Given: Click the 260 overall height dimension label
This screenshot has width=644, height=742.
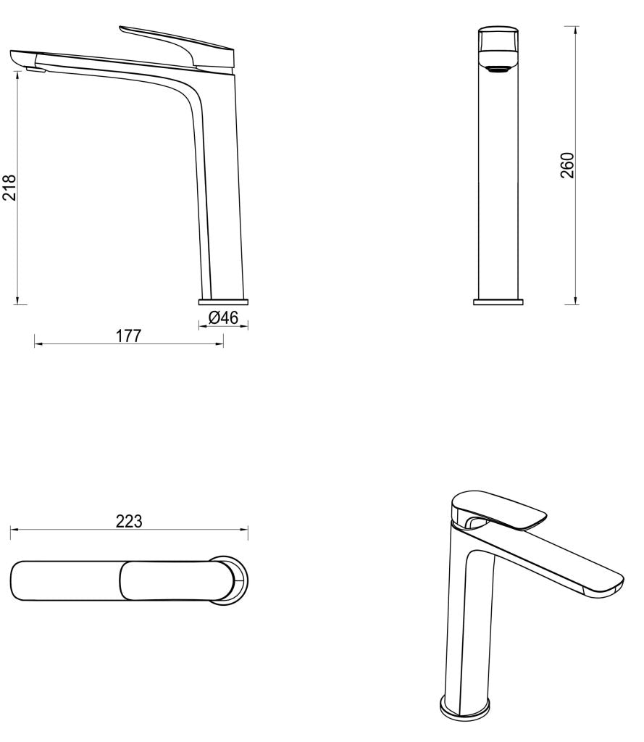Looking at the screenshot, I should (568, 165).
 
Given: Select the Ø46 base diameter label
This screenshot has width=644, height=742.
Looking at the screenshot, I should (223, 317).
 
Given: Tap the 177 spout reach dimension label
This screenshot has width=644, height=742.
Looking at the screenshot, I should (128, 335).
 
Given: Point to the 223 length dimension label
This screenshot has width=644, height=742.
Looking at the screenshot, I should (129, 521).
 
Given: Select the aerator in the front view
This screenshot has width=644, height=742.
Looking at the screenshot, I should (498, 70).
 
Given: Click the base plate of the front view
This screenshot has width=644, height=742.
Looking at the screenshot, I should (498, 301).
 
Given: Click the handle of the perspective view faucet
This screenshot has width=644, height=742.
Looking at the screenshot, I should (500, 507).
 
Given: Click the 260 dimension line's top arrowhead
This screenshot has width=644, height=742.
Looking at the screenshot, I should (576, 29).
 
